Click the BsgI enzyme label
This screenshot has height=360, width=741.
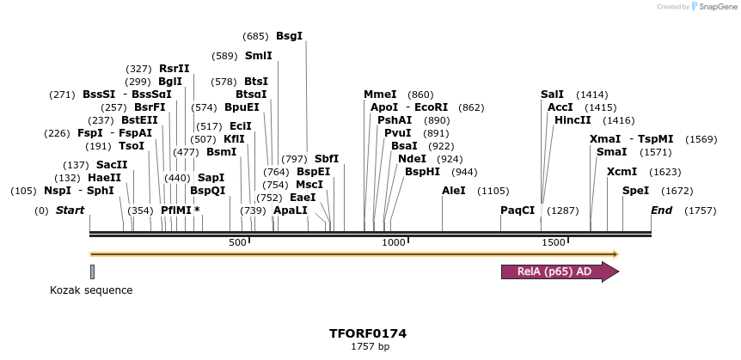pyautogui.click(x=289, y=36)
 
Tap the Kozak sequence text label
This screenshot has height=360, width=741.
pyautogui.click(x=91, y=290)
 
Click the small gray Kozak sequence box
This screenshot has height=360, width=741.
pyautogui.click(x=92, y=272)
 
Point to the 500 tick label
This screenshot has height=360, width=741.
pyautogui.click(x=237, y=243)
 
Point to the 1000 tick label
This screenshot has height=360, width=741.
pyautogui.click(x=394, y=243)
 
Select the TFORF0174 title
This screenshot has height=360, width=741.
pyautogui.click(x=368, y=333)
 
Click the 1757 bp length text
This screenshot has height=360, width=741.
pyautogui.click(x=370, y=346)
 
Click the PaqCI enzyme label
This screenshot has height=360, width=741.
pyautogui.click(x=517, y=211)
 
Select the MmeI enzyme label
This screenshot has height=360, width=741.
pyautogui.click(x=380, y=95)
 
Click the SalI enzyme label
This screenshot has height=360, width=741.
pyautogui.click(x=552, y=95)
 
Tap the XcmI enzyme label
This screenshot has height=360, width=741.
pyautogui.click(x=622, y=171)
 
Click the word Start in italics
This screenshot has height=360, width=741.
pyautogui.click(x=70, y=211)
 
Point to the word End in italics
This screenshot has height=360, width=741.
pyautogui.click(x=661, y=211)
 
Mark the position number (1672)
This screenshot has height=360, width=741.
pyautogui.click(x=677, y=191)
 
